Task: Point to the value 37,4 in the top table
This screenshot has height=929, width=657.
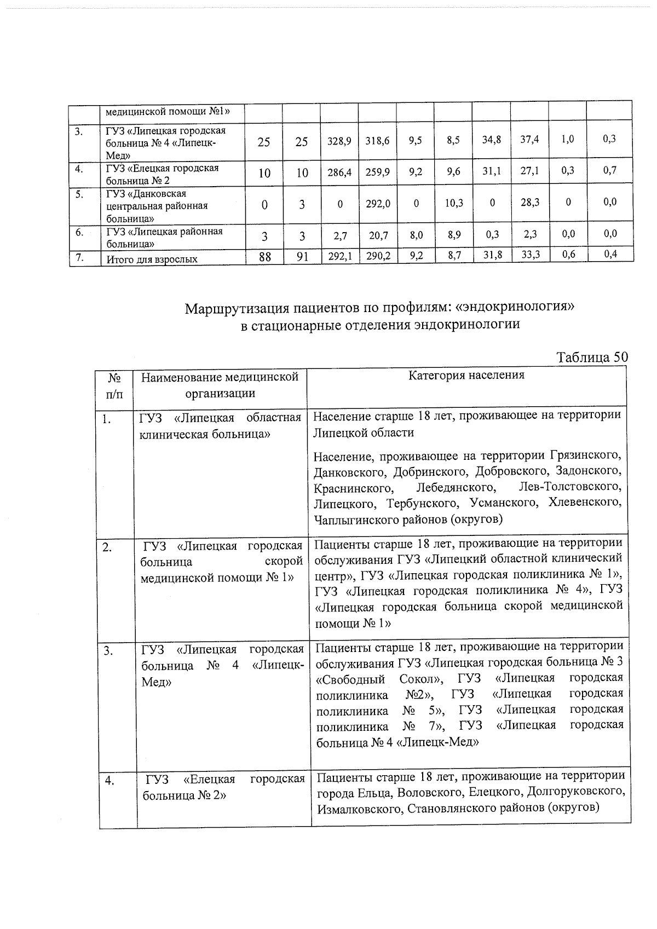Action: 529,140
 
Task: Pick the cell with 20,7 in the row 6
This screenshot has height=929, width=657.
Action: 378,235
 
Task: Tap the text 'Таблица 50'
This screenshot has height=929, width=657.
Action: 591,357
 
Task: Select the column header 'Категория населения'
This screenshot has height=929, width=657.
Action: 466,375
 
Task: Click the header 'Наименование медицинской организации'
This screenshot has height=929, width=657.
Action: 220,385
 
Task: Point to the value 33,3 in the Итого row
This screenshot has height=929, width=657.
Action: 529,254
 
